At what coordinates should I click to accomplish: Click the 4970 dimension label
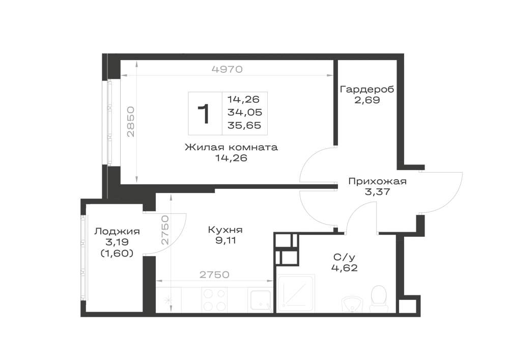pos(227,69)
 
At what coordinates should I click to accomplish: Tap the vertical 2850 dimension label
pos(131,121)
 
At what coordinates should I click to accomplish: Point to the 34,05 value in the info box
pos(245,113)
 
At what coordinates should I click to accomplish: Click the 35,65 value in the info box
pos(244,125)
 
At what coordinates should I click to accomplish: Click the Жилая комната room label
pos(232,147)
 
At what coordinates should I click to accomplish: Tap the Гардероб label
pos(367,89)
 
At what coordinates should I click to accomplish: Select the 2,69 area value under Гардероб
pos(367,100)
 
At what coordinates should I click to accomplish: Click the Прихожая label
pos(377,181)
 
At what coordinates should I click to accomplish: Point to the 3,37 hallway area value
pos(378,192)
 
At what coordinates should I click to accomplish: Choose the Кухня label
pos(225,230)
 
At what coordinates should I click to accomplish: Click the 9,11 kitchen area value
pos(224,240)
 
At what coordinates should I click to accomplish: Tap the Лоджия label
pos(117,232)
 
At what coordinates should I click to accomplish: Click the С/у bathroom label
pos(345,258)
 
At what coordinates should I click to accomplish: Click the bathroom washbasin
pos(352,304)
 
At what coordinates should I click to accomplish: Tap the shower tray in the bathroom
pos(296,293)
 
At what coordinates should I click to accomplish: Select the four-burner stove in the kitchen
pos(214,300)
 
